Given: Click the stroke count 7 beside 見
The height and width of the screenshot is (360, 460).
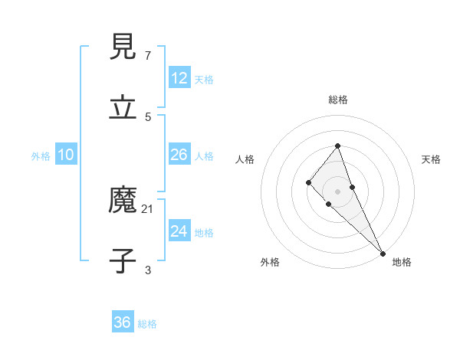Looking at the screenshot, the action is click(148, 56).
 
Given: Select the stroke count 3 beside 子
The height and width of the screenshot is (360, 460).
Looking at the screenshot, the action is click(148, 270).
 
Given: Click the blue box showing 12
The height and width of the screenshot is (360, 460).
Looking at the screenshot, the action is click(179, 78).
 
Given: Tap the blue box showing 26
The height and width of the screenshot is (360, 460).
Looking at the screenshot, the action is click(179, 155).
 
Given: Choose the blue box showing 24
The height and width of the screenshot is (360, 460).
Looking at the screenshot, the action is click(179, 231).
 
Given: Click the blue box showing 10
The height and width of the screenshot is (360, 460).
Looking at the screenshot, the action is click(66, 155).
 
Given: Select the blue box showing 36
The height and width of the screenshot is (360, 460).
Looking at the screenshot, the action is click(123, 322).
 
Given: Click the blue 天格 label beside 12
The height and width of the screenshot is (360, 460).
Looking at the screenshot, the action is click(204, 79).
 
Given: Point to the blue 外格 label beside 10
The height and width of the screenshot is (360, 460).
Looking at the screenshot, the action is click(41, 155).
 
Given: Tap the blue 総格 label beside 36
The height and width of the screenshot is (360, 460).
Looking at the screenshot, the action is click(147, 323).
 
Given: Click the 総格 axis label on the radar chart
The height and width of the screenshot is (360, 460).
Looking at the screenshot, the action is click(338, 100).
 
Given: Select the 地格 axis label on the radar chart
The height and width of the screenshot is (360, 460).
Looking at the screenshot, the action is click(402, 263).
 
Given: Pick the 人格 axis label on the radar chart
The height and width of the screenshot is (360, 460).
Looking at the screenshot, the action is click(245, 159).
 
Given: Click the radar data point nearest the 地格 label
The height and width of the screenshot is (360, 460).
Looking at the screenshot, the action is click(382, 253).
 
